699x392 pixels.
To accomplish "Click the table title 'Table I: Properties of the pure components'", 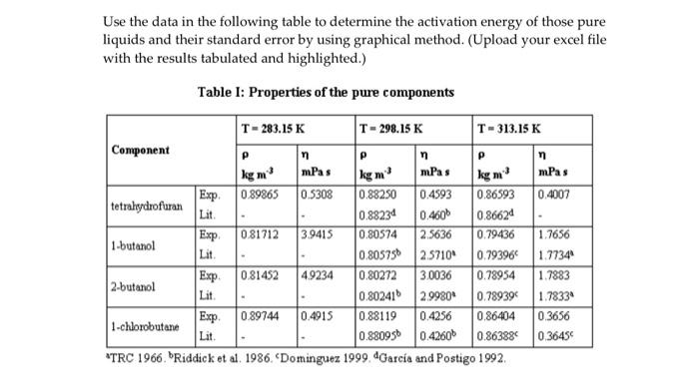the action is point(326,93).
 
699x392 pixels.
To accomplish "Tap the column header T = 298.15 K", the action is point(396,129).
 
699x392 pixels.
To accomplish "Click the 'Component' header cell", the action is point(142,150).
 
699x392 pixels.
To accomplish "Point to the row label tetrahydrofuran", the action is point(148,205).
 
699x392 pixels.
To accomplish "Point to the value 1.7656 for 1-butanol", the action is point(553,235).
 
